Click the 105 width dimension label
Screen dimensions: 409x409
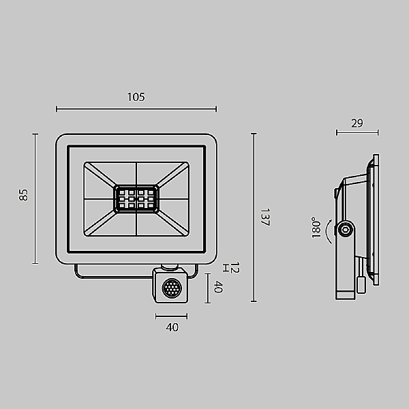[x=136, y=97]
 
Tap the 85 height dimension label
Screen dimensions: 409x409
[x=23, y=195]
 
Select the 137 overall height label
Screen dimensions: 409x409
[x=264, y=217]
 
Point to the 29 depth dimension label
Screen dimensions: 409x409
[x=357, y=123]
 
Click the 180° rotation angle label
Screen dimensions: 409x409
[x=316, y=228]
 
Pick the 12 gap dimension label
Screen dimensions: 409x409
[x=234, y=268]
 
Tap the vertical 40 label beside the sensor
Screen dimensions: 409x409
[x=218, y=287]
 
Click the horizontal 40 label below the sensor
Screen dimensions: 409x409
[x=172, y=327]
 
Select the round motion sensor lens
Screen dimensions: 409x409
[x=172, y=288]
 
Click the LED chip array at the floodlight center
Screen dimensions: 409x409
[x=136, y=199]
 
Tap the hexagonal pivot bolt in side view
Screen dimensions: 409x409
[x=345, y=230]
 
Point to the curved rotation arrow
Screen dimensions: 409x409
[x=327, y=231]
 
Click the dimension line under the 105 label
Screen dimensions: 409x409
[x=136, y=109]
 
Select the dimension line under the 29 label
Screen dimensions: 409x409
[x=357, y=133]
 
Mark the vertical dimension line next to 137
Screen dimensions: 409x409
[x=254, y=217]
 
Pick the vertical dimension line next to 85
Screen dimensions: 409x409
[x=35, y=199]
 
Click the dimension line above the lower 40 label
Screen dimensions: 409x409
[x=171, y=316]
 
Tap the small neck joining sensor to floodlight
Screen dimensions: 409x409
[x=170, y=267]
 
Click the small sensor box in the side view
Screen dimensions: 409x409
[x=361, y=285]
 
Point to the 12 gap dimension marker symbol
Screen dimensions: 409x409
[x=226, y=268]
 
